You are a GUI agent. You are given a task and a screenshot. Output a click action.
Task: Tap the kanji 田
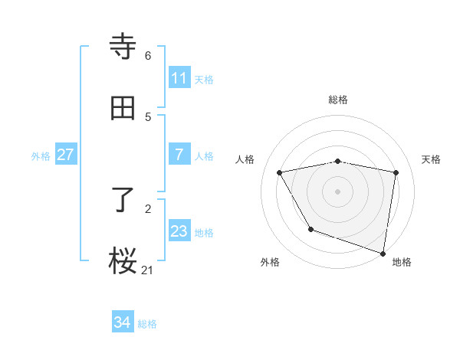(123, 109)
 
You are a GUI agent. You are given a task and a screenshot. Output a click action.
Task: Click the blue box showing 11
(179, 78)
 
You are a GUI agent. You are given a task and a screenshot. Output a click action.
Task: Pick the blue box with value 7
(179, 155)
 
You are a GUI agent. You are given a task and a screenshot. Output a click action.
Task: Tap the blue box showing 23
(179, 231)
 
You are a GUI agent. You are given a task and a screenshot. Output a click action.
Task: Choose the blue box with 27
(65, 155)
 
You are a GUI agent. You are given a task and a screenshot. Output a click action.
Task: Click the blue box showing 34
(122, 322)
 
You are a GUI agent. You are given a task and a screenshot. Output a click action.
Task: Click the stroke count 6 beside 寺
(147, 55)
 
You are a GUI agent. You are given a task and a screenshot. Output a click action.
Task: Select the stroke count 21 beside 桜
(148, 269)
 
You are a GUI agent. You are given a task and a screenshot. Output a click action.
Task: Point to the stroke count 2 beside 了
(147, 208)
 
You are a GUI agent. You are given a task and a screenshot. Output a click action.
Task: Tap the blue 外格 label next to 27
(41, 155)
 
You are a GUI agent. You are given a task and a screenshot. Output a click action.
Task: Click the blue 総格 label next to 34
(147, 324)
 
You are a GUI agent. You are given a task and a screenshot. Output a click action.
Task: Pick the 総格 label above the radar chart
(338, 100)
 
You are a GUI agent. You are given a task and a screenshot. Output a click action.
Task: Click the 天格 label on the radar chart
(431, 159)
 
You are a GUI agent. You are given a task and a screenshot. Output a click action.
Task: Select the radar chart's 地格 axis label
(402, 262)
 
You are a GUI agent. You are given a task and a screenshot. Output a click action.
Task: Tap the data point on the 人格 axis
(280, 173)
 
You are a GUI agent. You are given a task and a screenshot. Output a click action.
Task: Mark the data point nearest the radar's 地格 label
(383, 252)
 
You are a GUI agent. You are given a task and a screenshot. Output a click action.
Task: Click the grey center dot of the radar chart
(338, 191)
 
